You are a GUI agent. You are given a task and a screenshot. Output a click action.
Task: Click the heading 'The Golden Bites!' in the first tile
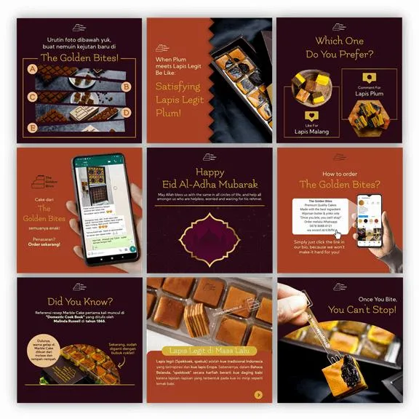pos(79,56)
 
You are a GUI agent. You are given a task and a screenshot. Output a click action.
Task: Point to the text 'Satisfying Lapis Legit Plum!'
pos(177,99)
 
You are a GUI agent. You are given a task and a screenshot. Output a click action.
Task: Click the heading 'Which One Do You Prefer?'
pos(339,47)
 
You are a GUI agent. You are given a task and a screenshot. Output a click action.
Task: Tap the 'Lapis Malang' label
pos(312,132)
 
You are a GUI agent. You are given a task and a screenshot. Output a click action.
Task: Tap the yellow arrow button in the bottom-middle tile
pos(258,395)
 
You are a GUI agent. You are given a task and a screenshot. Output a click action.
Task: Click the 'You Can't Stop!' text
pos(363,310)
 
